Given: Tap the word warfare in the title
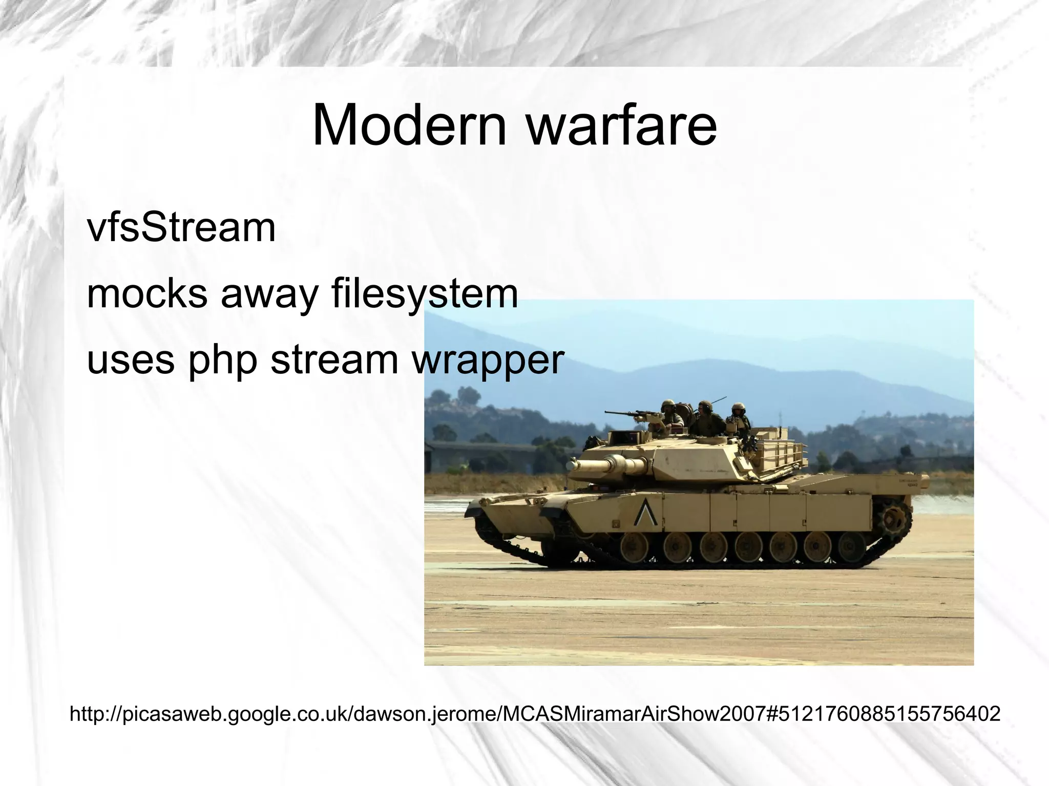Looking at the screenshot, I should coord(622,125).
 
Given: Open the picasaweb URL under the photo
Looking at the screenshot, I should coord(534,714).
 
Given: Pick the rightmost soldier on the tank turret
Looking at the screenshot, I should coord(739,417).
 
